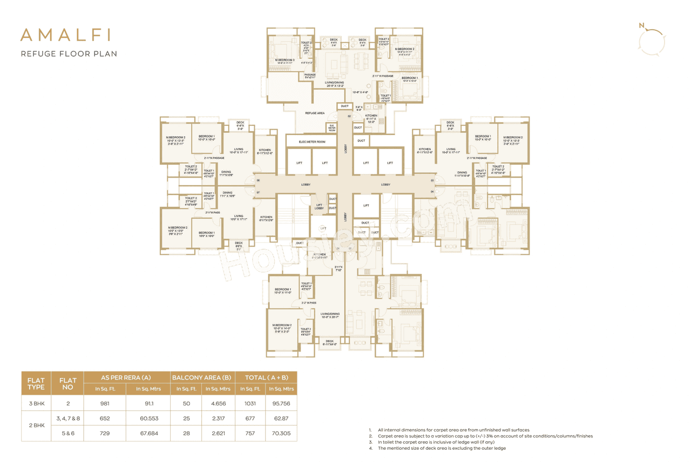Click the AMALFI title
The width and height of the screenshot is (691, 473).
(65, 35)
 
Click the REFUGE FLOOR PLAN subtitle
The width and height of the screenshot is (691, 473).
(69, 53)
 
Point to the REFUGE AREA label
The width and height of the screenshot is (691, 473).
(315, 113)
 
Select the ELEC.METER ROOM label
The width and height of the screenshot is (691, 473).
(312, 141)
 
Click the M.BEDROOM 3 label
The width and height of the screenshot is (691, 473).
(284, 60)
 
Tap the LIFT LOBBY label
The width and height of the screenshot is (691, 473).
(319, 207)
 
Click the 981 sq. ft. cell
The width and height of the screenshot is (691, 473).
(105, 403)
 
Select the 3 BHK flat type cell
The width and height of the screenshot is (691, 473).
(36, 403)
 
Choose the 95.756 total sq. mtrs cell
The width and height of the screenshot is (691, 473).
(281, 403)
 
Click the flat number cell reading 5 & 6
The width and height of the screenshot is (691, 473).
(67, 433)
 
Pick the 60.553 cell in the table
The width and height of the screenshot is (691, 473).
(148, 418)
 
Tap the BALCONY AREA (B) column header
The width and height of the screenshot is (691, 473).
(201, 377)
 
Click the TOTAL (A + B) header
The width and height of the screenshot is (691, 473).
(265, 377)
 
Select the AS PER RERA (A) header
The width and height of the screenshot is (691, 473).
(126, 377)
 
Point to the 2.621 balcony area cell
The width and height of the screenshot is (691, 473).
(217, 433)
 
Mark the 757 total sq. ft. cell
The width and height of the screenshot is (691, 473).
(249, 433)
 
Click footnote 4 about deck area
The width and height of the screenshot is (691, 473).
(441, 448)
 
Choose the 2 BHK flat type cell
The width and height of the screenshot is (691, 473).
(36, 426)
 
